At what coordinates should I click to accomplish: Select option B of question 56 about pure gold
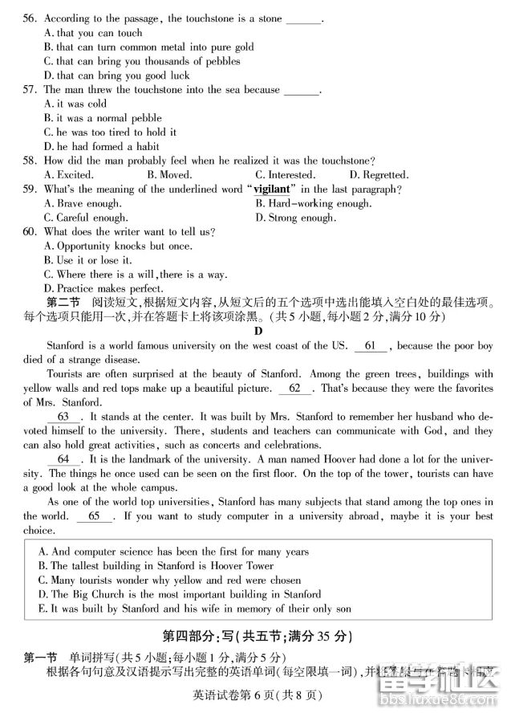pos(148,47)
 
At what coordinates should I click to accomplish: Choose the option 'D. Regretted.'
pos(379,174)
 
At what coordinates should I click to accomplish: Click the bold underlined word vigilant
pos(271,189)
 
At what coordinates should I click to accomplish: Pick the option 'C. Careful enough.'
pos(86,218)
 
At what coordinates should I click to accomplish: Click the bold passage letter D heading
pos(258,331)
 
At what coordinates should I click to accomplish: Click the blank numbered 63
pos(63,417)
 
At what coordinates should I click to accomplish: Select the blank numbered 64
pos(63,459)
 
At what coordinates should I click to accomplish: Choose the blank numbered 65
pos(96,516)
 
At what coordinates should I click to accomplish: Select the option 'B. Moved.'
pos(169,174)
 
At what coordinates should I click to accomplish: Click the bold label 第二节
pos(64,303)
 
